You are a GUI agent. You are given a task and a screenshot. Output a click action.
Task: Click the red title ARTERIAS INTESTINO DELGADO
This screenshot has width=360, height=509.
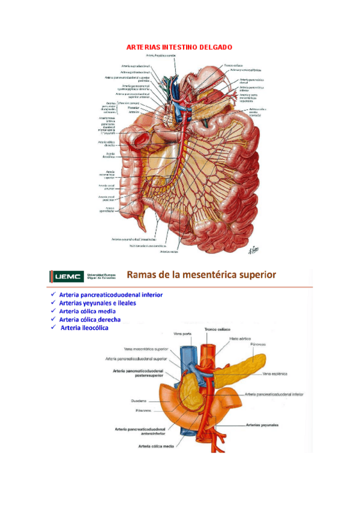click(179, 46)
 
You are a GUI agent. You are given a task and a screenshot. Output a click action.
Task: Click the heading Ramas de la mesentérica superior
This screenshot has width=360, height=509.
click(202, 275)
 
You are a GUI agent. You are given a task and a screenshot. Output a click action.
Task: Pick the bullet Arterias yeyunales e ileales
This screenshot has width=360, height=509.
click(97, 303)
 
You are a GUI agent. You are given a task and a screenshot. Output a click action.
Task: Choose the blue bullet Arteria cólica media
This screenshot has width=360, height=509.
click(88, 312)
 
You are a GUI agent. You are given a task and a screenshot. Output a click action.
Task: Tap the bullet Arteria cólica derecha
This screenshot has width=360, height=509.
click(90, 319)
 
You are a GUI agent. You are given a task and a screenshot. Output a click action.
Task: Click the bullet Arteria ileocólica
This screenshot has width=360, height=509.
click(85, 328)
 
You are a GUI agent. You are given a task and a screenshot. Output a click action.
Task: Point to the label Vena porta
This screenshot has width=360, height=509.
click(182, 334)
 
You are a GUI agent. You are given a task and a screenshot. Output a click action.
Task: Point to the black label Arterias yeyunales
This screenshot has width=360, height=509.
click(262, 425)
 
